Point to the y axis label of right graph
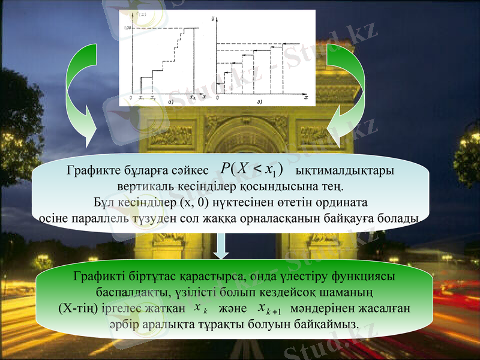pos(213,20)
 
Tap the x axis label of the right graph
pos(305,97)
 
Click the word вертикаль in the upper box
pos(142,187)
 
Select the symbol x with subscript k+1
pos(266,309)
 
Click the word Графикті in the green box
pos(98,278)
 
